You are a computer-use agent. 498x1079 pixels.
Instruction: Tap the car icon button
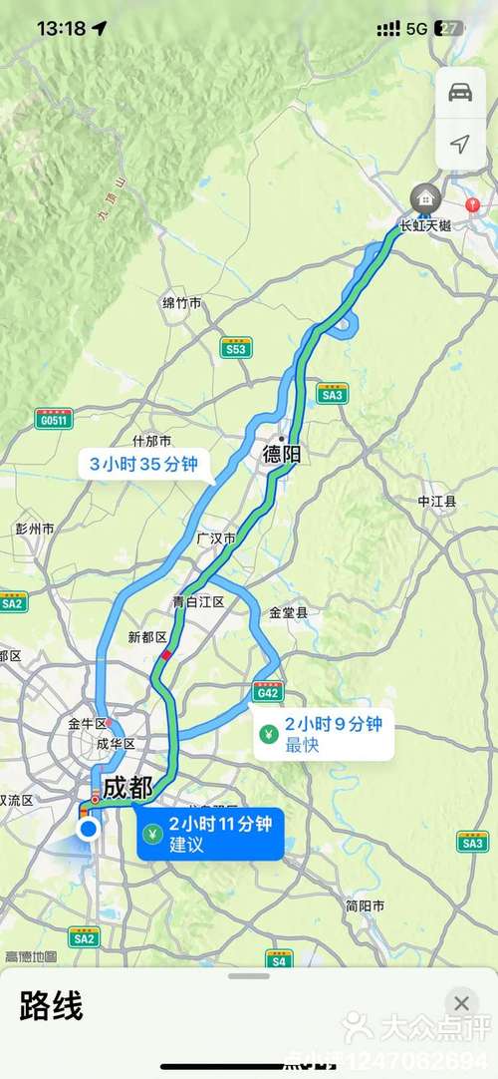(460, 93)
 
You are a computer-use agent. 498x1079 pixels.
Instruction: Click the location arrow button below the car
(460, 145)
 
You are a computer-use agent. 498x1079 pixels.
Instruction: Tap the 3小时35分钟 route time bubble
(144, 463)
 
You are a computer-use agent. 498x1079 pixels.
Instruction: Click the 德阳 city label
(281, 455)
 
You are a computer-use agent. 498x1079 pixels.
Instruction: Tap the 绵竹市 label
(182, 302)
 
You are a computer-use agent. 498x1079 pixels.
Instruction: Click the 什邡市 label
(152, 441)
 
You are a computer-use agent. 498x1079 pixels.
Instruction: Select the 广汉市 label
(215, 539)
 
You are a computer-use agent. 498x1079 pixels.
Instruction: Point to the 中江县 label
(436, 502)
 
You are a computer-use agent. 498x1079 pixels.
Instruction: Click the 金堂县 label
(289, 613)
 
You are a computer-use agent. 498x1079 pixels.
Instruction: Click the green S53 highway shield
(236, 348)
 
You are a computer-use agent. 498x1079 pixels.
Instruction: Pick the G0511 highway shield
(55, 420)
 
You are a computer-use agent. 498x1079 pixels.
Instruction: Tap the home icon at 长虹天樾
(427, 197)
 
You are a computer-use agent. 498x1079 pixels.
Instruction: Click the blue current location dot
(89, 829)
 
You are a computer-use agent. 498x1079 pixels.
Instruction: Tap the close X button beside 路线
(460, 1003)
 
